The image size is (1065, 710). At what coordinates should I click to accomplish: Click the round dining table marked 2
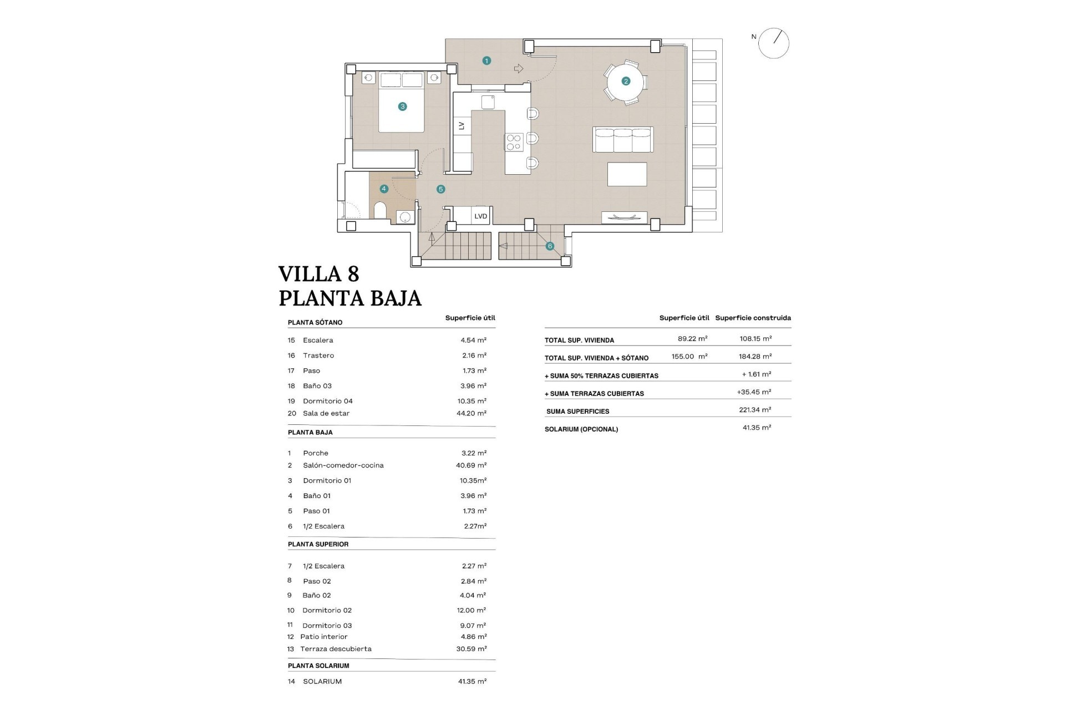tap(626, 82)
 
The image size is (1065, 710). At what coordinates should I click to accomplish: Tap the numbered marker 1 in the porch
tap(486, 61)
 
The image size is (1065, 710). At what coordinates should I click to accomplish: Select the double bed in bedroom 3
tap(402, 103)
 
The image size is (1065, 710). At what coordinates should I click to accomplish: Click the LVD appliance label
tap(480, 216)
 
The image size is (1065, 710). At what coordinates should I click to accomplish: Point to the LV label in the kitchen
tap(461, 126)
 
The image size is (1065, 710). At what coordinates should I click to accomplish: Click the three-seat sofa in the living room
tap(623, 139)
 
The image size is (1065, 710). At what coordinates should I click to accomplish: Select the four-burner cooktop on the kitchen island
tap(514, 142)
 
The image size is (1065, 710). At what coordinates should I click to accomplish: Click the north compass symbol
tap(773, 43)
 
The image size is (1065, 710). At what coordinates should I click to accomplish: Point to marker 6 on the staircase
tap(550, 246)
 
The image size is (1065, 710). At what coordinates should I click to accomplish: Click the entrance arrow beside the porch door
tap(519, 69)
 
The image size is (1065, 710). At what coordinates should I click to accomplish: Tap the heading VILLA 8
tap(318, 274)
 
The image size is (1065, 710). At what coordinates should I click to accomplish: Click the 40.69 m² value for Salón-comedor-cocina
tap(471, 465)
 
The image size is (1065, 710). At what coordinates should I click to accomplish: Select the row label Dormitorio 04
tap(327, 401)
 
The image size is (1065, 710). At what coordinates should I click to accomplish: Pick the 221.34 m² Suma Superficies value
tap(755, 410)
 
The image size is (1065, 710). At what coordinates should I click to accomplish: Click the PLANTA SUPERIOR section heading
tap(318, 544)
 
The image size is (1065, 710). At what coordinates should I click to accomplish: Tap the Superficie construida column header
tap(753, 318)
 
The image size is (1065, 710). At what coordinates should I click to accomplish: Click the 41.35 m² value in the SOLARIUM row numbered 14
tap(472, 681)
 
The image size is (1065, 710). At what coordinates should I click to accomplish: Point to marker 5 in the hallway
tap(441, 189)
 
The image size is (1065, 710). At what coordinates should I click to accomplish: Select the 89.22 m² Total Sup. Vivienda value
tap(692, 338)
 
